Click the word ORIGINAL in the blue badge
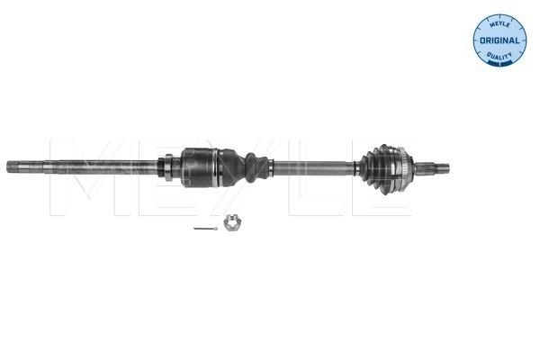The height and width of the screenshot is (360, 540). [499, 40]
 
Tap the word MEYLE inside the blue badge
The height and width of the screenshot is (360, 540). [499, 23]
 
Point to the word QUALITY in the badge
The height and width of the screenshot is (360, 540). [499, 55]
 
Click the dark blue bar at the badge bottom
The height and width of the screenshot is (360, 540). [499, 63]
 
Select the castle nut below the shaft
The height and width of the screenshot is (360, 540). [231, 222]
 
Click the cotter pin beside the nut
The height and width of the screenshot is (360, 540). [205, 228]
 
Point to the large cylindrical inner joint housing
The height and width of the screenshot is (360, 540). [199, 167]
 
